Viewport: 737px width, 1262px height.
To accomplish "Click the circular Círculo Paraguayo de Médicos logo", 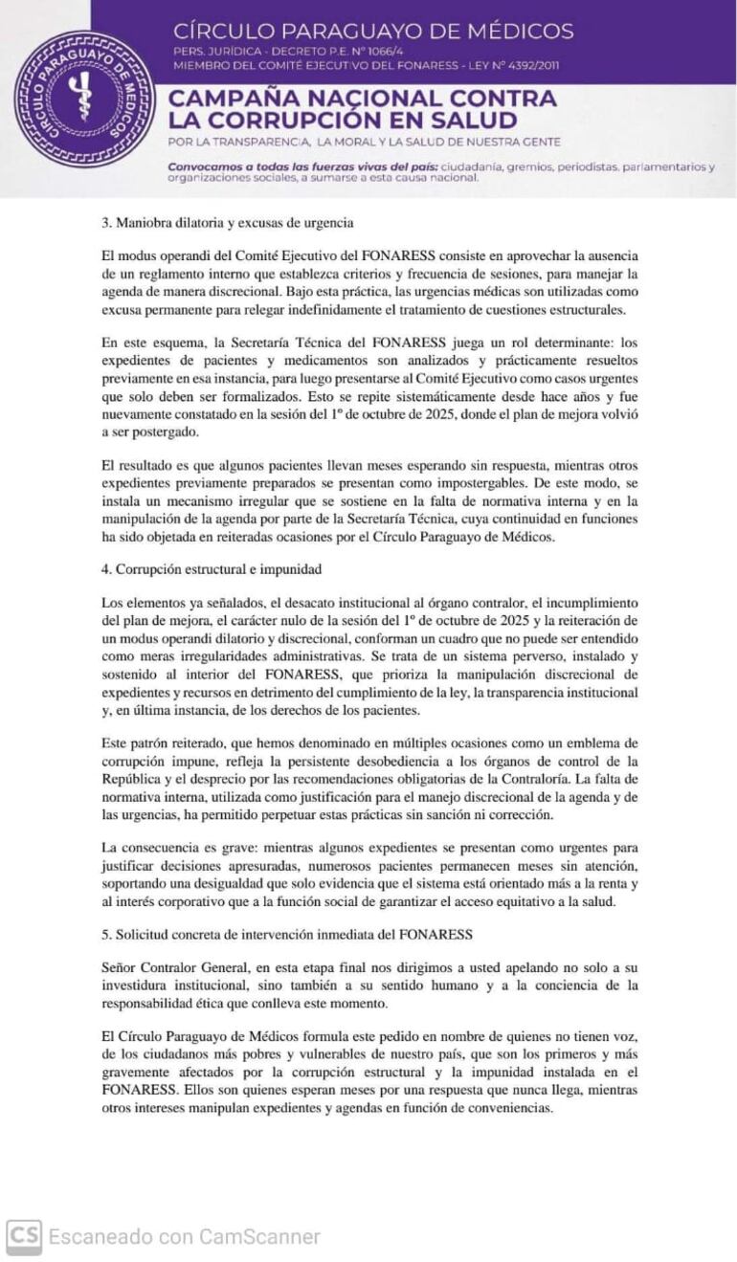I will pyautogui.click(x=85, y=99).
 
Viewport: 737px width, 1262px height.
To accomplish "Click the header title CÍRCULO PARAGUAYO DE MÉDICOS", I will pyautogui.click(x=373, y=31).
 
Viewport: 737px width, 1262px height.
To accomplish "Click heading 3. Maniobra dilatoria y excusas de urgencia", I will pyautogui.click(x=228, y=224).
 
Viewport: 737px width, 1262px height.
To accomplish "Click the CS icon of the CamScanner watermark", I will pyautogui.click(x=24, y=1237).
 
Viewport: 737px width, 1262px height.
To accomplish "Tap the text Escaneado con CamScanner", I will pyautogui.click(x=185, y=1237).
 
